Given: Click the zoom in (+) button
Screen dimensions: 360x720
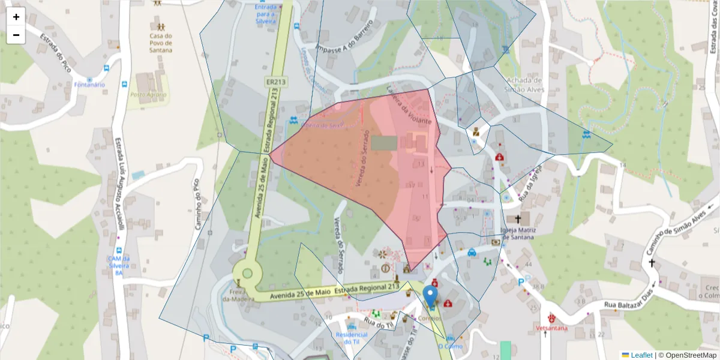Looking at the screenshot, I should (x=16, y=17).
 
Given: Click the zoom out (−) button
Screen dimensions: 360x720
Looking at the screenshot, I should (x=16, y=35).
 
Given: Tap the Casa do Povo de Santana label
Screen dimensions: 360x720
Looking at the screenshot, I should (x=161, y=43).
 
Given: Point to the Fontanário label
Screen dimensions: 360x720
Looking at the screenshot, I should (x=89, y=85).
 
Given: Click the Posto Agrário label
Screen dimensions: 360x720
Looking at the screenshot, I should (x=147, y=95).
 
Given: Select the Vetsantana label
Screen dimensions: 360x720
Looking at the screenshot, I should (x=551, y=328).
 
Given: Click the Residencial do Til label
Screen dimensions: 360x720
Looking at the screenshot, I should (x=351, y=338).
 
